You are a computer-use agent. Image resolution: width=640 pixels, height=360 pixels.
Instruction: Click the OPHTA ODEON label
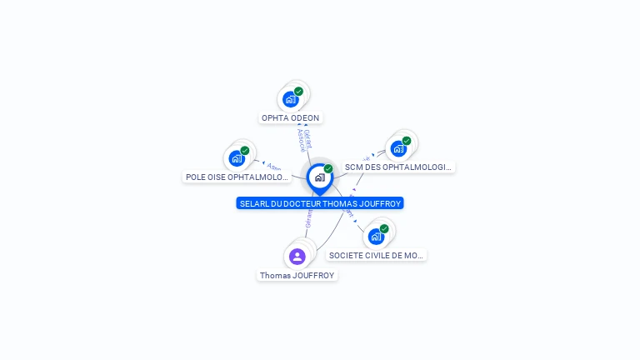pyautogui.click(x=291, y=118)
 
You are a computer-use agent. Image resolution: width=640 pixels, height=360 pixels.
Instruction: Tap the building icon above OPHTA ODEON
pyautogui.click(x=290, y=99)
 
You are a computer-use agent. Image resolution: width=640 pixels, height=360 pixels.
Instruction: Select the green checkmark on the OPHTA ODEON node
pyautogui.click(x=298, y=92)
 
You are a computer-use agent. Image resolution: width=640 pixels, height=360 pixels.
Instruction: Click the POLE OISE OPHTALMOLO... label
pyautogui.click(x=237, y=177)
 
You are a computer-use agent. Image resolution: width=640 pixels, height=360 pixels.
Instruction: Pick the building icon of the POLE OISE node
pyautogui.click(x=237, y=157)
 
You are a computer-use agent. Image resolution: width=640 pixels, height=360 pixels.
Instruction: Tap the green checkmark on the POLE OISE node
pyautogui.click(x=244, y=151)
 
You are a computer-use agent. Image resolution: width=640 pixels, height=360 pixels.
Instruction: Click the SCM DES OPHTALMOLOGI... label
pyautogui.click(x=398, y=167)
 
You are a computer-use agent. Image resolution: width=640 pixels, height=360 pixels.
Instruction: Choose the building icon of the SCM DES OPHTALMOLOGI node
pyautogui.click(x=398, y=149)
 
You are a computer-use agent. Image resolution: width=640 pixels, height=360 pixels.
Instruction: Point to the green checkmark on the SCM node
pyautogui.click(x=407, y=141)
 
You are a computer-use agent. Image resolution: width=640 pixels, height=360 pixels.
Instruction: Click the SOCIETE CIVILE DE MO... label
pyautogui.click(x=376, y=255)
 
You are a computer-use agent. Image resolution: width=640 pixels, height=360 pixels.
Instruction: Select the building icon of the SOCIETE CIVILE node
pyautogui.click(x=376, y=237)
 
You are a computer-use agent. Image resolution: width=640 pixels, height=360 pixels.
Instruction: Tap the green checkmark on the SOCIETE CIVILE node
pyautogui.click(x=384, y=228)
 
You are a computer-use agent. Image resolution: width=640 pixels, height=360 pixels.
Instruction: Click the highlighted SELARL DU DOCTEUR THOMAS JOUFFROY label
pyautogui.click(x=320, y=203)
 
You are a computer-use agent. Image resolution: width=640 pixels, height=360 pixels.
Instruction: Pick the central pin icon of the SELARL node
pyautogui.click(x=319, y=177)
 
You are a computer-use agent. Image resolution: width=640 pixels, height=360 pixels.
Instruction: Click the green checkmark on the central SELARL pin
pyautogui.click(x=328, y=169)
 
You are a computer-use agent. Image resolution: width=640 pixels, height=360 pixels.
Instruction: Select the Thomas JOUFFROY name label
pyautogui.click(x=297, y=275)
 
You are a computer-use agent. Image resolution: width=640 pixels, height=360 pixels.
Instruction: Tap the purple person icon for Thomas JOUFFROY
pyautogui.click(x=297, y=256)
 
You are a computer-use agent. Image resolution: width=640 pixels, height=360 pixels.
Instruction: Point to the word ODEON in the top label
pyautogui.click(x=305, y=118)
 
